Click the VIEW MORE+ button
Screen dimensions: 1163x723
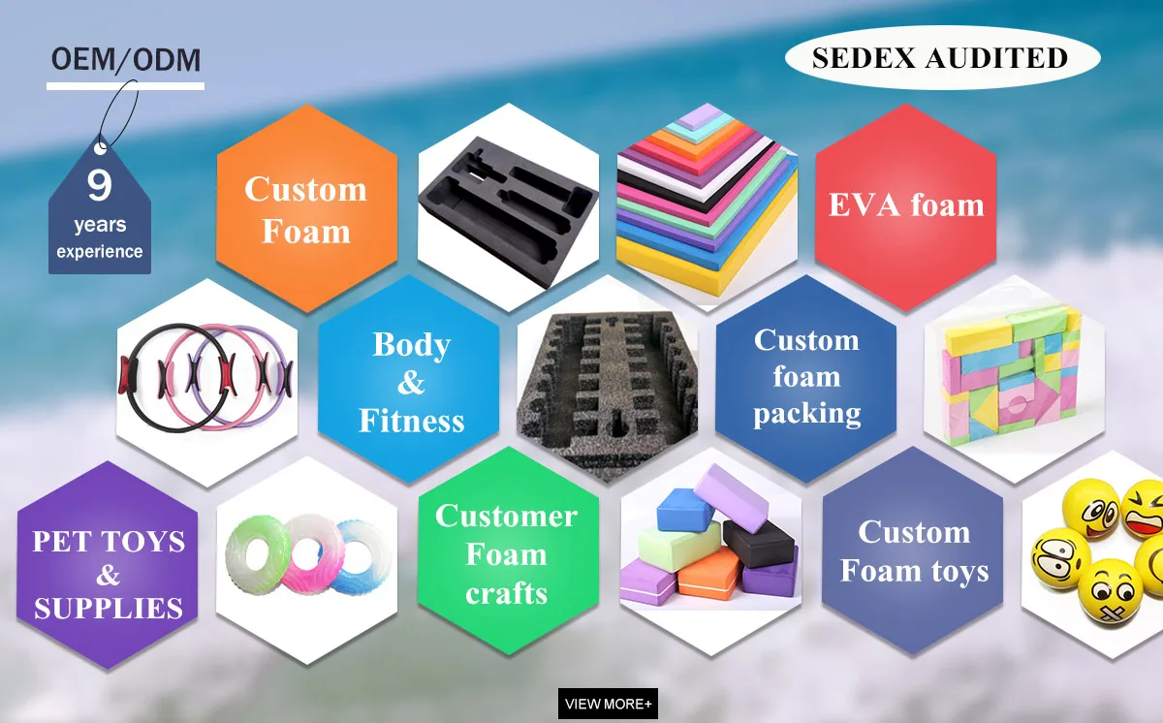pos(608,704)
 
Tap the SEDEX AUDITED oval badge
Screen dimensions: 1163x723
pos(940,57)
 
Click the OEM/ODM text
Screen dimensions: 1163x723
pos(125,60)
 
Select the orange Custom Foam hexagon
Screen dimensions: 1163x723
pos(306,208)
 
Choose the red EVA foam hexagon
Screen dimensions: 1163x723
pos(905,205)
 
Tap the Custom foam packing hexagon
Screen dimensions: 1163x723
pos(806,377)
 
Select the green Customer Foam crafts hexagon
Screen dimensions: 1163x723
pos(506,554)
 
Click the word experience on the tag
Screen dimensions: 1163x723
pos(99,252)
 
